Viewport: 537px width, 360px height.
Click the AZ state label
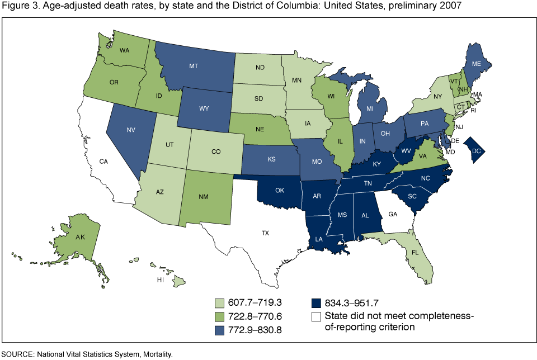pos(159,192)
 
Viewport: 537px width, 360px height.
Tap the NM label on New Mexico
pos(204,197)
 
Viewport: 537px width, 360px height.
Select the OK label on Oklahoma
pos(280,190)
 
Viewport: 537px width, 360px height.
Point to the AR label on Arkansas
pos(317,196)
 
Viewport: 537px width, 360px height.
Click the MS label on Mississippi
pos(342,215)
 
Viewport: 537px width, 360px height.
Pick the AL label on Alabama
pos(365,215)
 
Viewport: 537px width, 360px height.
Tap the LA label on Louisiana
pos(318,239)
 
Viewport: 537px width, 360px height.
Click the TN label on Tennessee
pos(368,183)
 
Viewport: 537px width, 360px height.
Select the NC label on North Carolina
pos(426,179)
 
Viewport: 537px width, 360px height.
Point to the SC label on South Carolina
pos(412,196)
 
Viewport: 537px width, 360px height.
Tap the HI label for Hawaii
pos(160,279)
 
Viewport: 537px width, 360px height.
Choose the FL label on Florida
pos(414,252)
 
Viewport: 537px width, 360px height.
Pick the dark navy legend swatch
pos(317,303)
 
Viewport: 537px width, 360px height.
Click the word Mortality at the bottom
pos(156,354)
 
